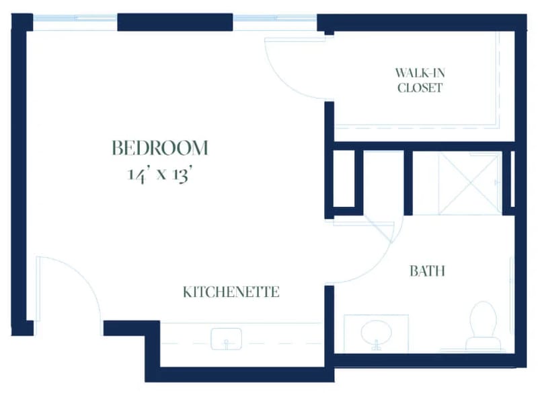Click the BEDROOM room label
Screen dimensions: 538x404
160,147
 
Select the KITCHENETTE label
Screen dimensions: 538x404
231,292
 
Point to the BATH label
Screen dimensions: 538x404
427,271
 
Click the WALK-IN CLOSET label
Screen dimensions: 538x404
420,80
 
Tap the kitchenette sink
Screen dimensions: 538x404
226,339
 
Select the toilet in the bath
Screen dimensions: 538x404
483,326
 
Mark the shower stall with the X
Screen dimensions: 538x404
469,184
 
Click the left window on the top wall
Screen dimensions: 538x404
75,18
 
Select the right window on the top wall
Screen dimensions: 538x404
275,18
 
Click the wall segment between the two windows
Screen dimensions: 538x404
176,22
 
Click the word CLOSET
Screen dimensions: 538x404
420,88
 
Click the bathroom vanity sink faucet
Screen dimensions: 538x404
376,345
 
